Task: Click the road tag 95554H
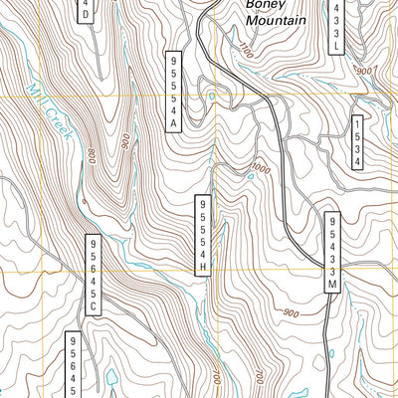coord(203,233)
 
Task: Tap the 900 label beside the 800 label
coord(123,140)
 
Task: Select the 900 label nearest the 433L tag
coord(363,71)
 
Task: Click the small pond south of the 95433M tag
coord(331,351)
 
